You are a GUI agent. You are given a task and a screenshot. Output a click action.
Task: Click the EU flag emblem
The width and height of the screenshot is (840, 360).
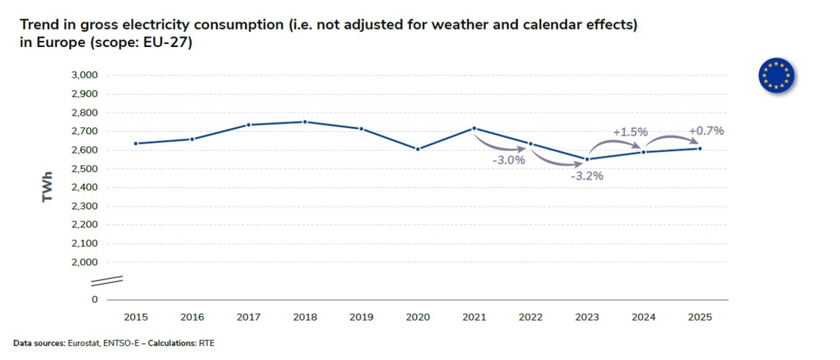776,75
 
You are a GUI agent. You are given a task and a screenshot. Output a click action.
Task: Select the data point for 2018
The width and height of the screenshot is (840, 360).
305,122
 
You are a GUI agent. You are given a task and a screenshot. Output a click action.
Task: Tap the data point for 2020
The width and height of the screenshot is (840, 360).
418,149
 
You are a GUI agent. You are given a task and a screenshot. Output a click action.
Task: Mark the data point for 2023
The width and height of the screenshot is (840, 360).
587,160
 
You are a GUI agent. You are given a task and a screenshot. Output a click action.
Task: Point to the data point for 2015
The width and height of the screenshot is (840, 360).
136,143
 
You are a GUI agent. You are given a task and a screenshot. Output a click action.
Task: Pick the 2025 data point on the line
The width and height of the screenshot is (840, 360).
700,148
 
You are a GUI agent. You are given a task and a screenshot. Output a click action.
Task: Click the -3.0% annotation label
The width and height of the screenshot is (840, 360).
509,160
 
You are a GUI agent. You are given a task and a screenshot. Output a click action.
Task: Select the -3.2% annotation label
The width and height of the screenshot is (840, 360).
586,176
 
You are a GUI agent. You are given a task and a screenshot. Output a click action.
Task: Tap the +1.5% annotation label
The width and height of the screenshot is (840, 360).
630,132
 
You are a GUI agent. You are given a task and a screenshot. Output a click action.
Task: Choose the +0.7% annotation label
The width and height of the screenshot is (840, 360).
706,130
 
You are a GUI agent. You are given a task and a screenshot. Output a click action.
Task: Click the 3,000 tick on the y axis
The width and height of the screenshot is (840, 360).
84,76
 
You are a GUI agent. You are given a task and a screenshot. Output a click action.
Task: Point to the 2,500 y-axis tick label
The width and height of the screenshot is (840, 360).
84,169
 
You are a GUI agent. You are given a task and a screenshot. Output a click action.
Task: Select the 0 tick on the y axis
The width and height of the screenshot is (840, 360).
94,299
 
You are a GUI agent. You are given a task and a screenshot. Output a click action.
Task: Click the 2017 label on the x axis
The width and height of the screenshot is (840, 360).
248,317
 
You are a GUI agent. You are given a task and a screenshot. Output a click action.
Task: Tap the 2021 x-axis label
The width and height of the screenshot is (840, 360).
474,317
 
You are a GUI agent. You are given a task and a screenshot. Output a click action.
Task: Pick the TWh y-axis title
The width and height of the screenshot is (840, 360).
49,187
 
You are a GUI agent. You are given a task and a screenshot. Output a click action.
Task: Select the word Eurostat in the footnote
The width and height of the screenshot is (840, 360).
87,343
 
